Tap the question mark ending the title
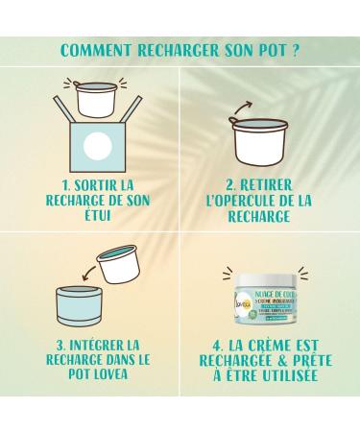pos(297,49)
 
